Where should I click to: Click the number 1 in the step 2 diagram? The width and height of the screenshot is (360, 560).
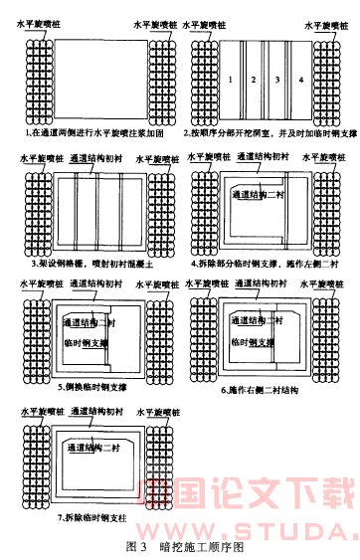[231, 78]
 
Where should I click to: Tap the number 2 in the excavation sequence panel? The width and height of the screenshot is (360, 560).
[254, 78]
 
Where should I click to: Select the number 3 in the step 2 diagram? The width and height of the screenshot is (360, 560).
[276, 78]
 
